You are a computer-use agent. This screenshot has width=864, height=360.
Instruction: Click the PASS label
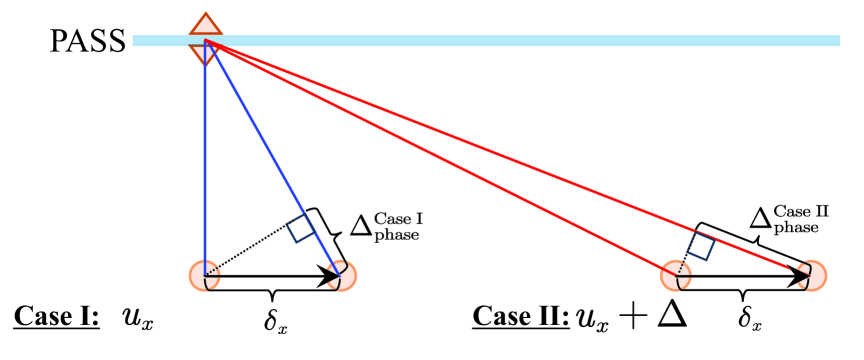(89, 42)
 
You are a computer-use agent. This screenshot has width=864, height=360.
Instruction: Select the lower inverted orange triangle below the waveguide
(204, 54)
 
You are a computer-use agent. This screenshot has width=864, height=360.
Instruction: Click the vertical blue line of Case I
(204, 160)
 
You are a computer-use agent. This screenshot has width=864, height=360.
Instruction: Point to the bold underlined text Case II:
(518, 319)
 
